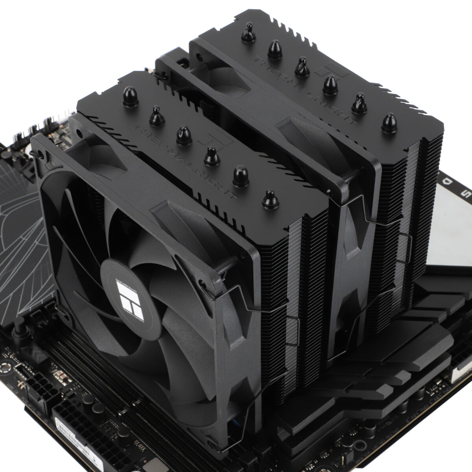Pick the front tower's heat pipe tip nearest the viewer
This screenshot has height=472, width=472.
[x=270, y=199]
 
